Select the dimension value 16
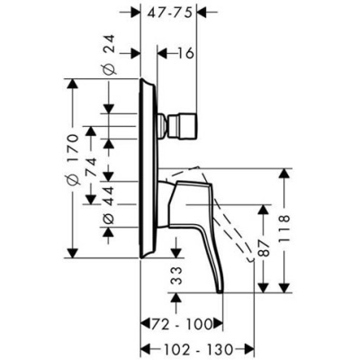pos(185,54)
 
